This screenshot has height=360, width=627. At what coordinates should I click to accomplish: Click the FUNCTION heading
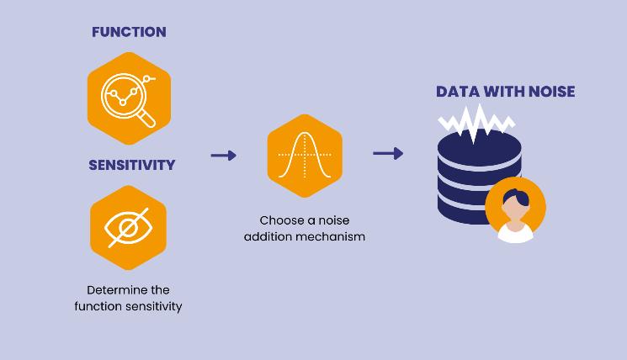(x=129, y=32)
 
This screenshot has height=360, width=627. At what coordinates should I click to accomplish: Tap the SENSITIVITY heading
(x=131, y=165)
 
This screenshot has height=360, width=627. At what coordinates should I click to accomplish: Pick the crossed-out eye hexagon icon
(x=129, y=227)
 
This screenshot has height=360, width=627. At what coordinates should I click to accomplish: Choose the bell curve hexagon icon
(x=305, y=156)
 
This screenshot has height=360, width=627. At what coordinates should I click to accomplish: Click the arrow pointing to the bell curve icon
(x=223, y=156)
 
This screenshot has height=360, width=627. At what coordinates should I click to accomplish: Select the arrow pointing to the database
(x=387, y=153)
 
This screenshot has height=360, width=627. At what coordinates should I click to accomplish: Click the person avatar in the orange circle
(x=515, y=210)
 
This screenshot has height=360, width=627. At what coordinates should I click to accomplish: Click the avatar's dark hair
(x=517, y=197)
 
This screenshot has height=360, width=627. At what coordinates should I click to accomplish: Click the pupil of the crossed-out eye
(x=128, y=228)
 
